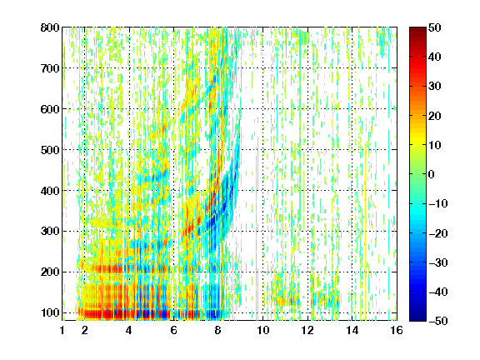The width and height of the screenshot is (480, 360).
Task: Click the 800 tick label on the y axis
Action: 50,27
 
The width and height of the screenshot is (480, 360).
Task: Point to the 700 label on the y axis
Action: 50,68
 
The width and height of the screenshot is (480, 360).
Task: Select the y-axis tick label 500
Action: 50,150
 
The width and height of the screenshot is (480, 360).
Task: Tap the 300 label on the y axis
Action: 50,232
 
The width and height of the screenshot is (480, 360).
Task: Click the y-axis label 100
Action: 50,312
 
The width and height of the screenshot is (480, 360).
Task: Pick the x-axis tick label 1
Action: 62,330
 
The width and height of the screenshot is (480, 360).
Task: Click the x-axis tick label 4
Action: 129,330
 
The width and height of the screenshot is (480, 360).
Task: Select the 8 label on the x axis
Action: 217,330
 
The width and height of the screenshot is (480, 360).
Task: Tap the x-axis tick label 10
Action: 263,330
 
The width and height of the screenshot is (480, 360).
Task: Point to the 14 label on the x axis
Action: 352,330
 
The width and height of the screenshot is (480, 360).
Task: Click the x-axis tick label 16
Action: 397,330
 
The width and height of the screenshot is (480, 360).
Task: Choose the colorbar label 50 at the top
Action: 435,27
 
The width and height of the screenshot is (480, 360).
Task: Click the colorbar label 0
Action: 432,174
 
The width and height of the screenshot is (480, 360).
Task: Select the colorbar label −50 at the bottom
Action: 438,321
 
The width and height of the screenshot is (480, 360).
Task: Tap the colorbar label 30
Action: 435,87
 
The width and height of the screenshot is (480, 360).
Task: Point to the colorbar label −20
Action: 438,233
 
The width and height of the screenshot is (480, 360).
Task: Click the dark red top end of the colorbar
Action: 417,29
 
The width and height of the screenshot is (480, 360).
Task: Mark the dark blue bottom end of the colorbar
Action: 417,319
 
